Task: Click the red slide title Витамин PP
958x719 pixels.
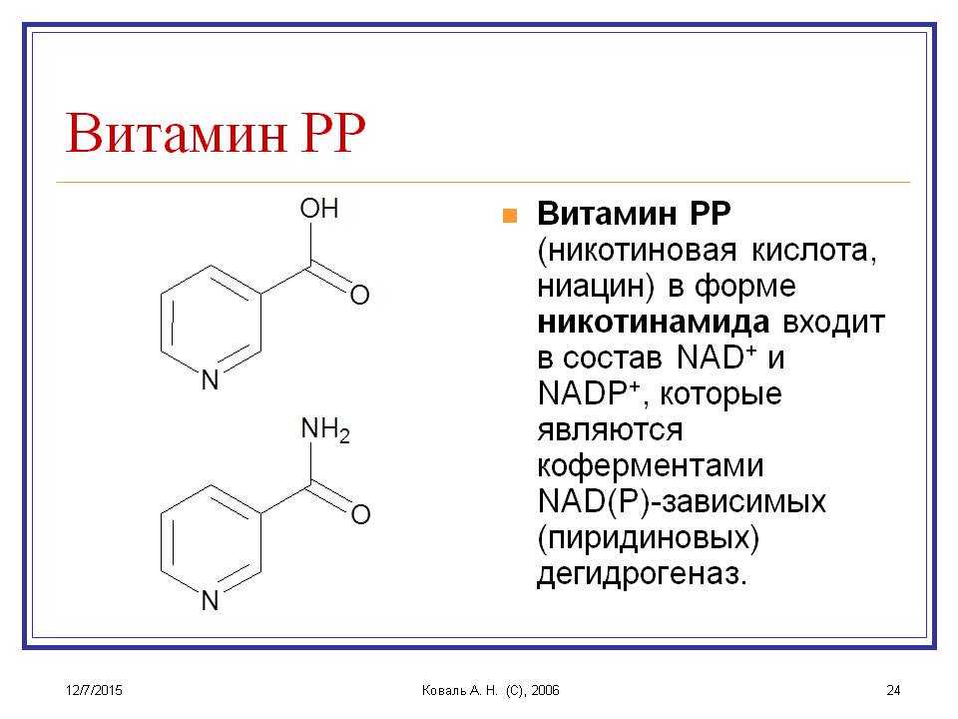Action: point(216,132)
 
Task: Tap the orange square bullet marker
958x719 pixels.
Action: point(510,216)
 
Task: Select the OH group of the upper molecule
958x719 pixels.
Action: point(319,209)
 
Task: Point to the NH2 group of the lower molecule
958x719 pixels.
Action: point(325,429)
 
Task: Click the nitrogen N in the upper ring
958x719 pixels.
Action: point(211,379)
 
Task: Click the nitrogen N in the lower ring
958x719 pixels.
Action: point(211,600)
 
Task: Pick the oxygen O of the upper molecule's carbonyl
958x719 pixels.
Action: point(360,295)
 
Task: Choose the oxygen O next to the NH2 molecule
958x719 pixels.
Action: point(360,514)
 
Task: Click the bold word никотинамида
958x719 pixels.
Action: point(653,322)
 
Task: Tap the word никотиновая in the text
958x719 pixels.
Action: point(637,251)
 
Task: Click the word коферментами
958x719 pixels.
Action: point(651,466)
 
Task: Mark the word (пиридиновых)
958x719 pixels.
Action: point(649,538)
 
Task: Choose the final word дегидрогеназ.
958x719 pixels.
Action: point(642,575)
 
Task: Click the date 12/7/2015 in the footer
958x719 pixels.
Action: point(94,690)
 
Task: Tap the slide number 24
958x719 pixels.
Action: point(893,690)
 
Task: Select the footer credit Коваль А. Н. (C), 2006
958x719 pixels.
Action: point(491,690)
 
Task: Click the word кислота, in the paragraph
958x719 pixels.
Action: point(814,251)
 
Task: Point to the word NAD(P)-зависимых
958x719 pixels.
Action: point(682,502)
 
